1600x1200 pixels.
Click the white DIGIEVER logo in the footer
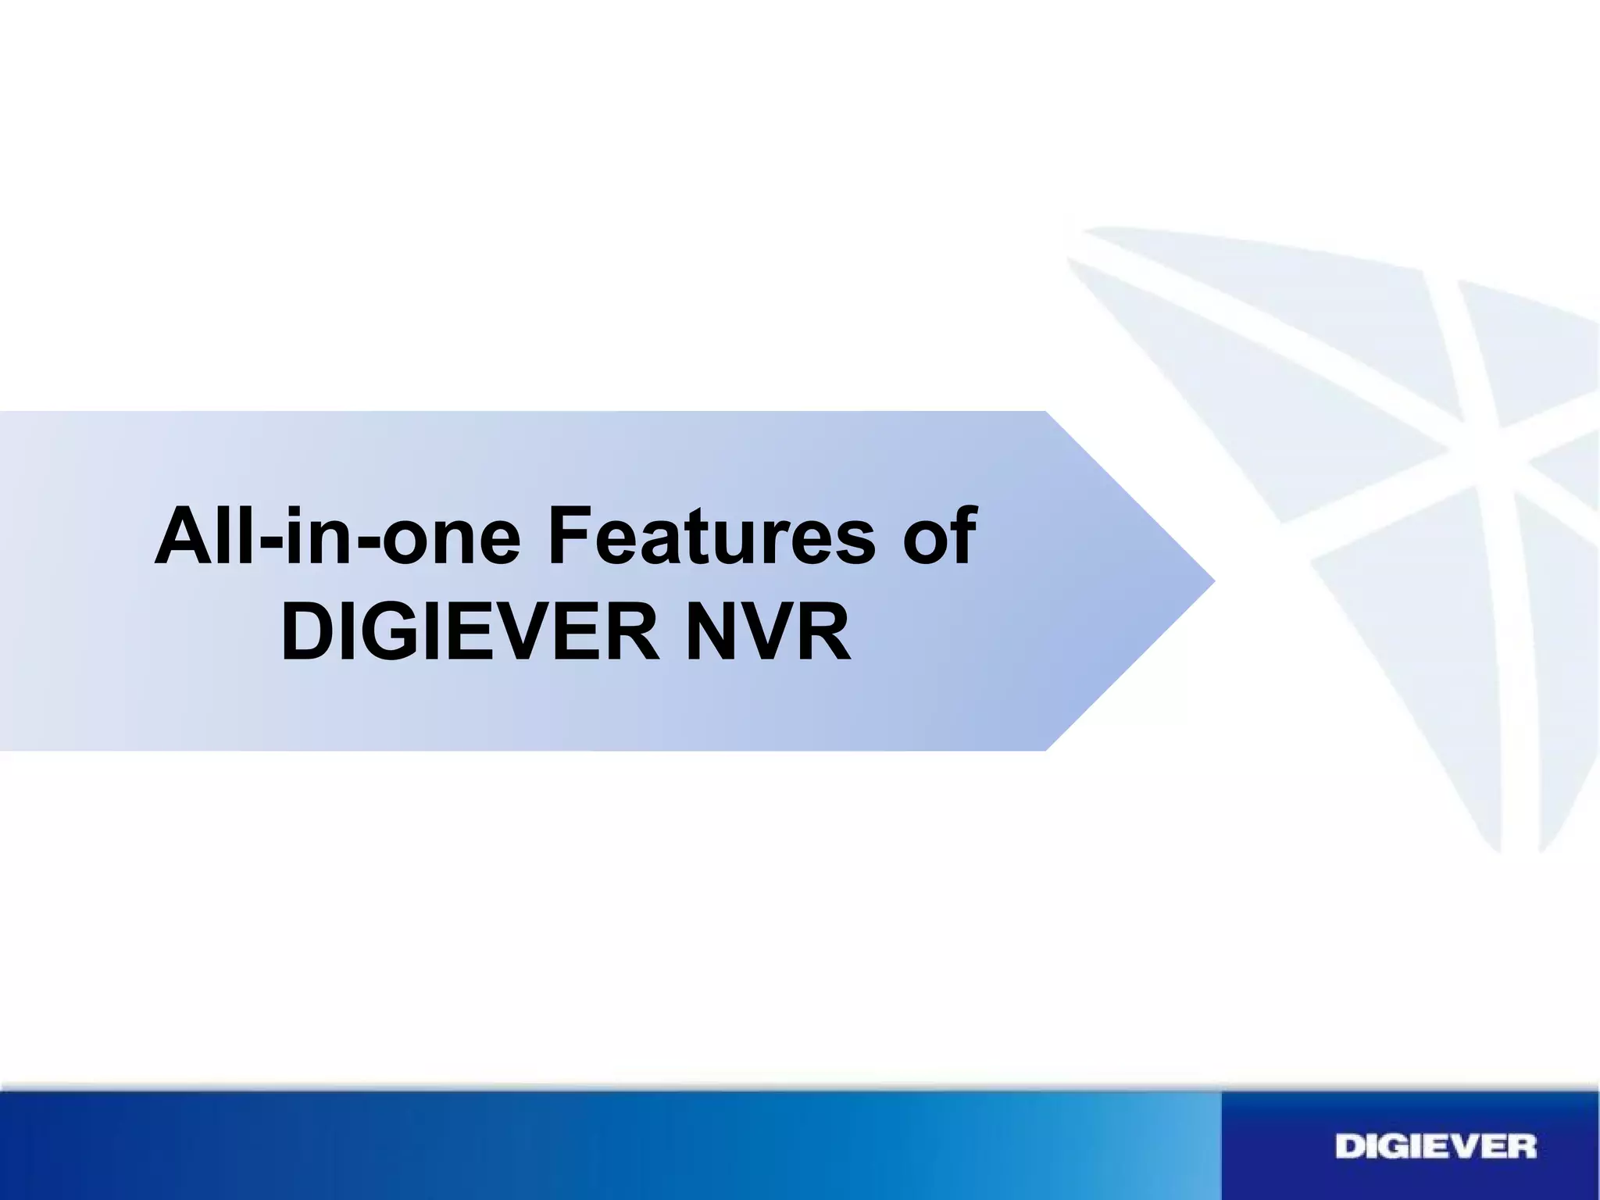tap(1436, 1147)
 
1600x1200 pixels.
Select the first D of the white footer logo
tap(1350, 1147)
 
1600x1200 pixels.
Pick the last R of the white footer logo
tap(1521, 1147)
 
